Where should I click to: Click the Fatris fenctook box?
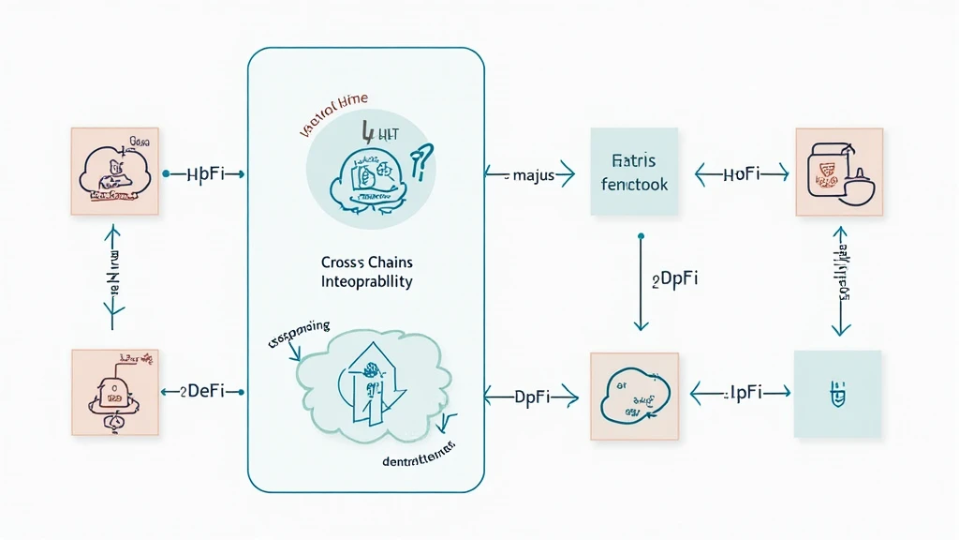[x=634, y=172]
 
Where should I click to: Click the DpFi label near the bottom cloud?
[x=532, y=397]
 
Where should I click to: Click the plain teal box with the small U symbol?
[x=837, y=394]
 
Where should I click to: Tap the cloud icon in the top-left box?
[x=111, y=173]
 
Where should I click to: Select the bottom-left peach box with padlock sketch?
[x=113, y=393]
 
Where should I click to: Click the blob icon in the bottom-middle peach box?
[x=633, y=397]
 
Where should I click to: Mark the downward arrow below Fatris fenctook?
[x=641, y=281]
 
